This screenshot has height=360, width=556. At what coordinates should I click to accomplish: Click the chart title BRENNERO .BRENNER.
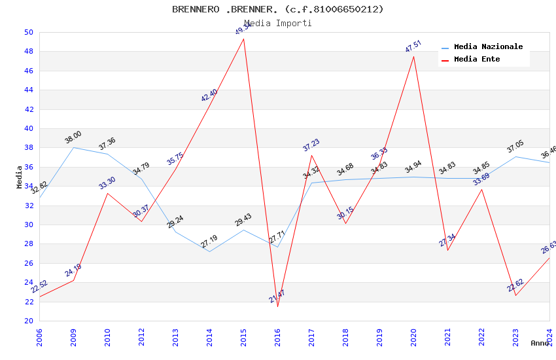(x=278, y=9)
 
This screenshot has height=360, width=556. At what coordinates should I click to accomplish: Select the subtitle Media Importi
(x=278, y=23)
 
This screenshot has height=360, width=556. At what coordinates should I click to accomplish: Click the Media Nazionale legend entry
(x=488, y=47)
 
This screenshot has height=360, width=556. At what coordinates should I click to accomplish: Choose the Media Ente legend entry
(x=477, y=60)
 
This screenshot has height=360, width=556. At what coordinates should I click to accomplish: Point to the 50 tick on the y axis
(x=29, y=32)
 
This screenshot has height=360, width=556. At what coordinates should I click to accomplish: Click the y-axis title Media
(x=20, y=177)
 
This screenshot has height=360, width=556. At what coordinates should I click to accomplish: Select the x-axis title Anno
(x=540, y=343)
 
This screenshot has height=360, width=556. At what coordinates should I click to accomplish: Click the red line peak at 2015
(x=243, y=39)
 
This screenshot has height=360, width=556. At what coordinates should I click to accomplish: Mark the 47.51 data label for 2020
(x=413, y=46)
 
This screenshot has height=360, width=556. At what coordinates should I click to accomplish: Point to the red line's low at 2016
(x=277, y=306)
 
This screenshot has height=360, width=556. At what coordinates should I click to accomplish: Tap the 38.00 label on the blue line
(x=73, y=137)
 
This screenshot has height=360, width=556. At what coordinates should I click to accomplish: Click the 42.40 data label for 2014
(x=209, y=96)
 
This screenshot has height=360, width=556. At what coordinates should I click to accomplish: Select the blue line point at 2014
(x=209, y=251)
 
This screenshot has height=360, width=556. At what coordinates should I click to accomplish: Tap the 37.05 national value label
(x=515, y=147)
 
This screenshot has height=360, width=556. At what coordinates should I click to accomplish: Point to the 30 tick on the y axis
(x=29, y=225)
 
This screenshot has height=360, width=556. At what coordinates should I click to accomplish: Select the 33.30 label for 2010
(x=107, y=183)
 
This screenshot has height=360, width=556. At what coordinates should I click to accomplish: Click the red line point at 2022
(x=481, y=189)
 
